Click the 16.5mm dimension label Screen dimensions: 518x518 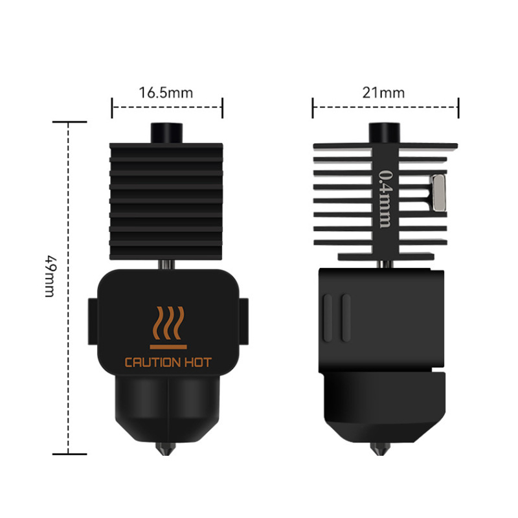pyautogui.click(x=166, y=92)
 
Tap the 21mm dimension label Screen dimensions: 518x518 pyautogui.click(x=383, y=92)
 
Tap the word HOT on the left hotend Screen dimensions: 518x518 pyautogui.click(x=197, y=363)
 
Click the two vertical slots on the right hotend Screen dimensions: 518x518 pyautogui.click(x=337, y=317)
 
